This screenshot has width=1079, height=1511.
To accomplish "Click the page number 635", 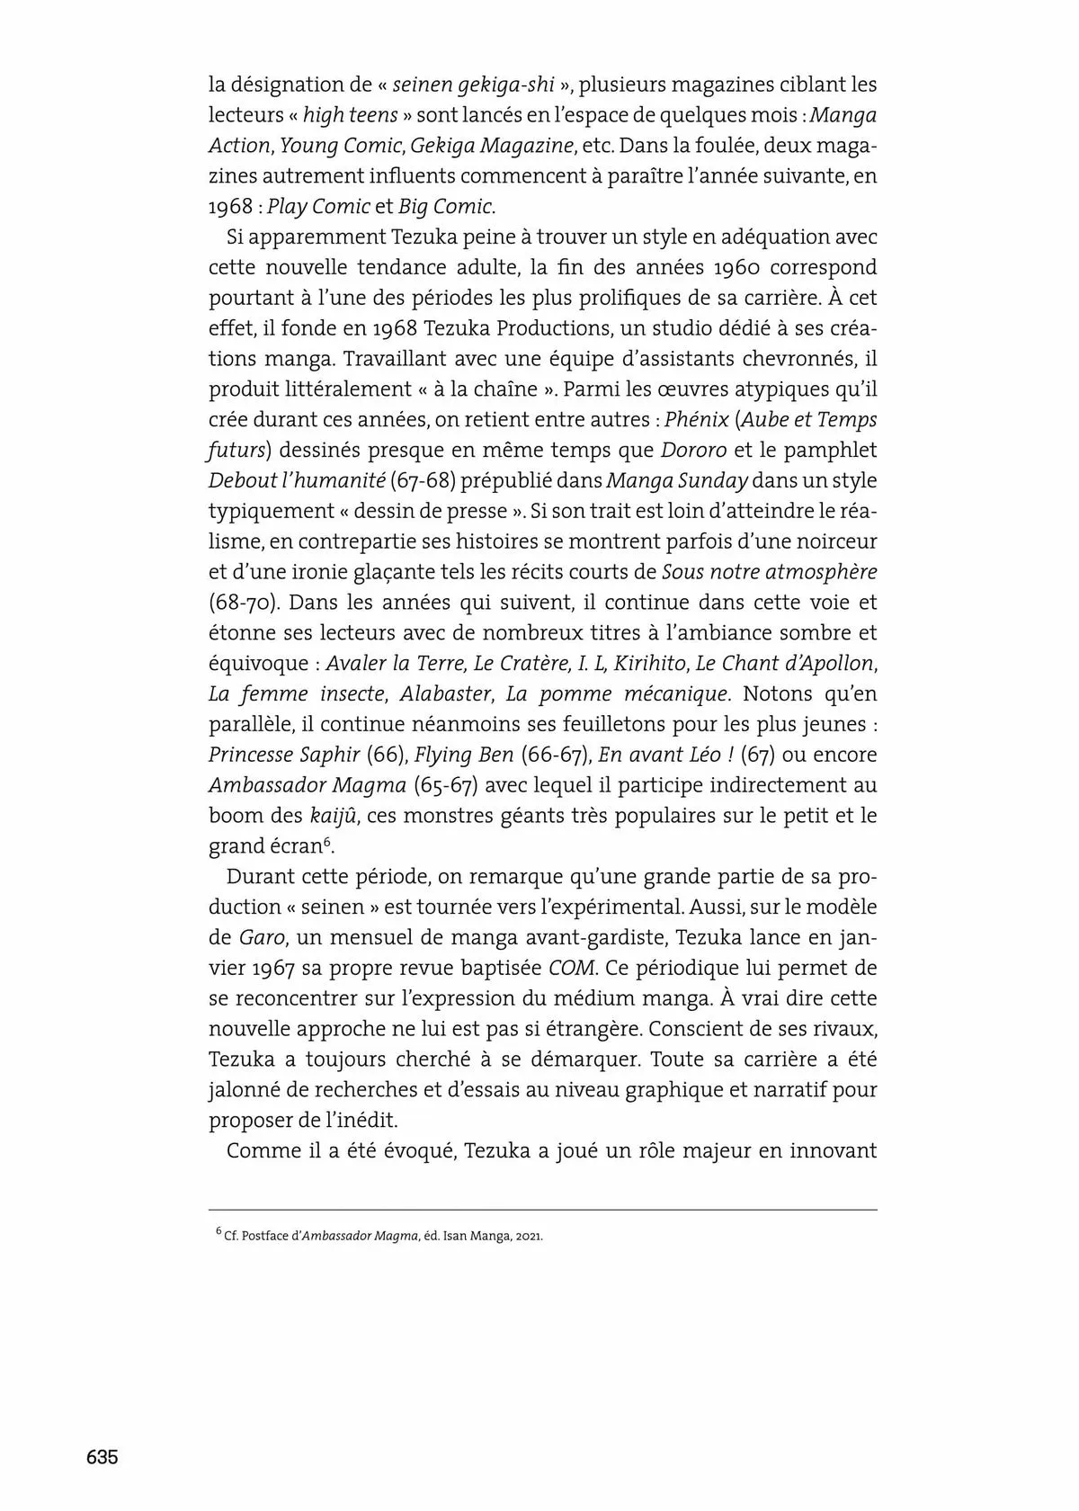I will [103, 1458].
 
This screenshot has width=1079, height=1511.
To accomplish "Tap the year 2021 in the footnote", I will [529, 1236].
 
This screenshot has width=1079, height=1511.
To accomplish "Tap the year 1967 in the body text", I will [275, 968].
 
